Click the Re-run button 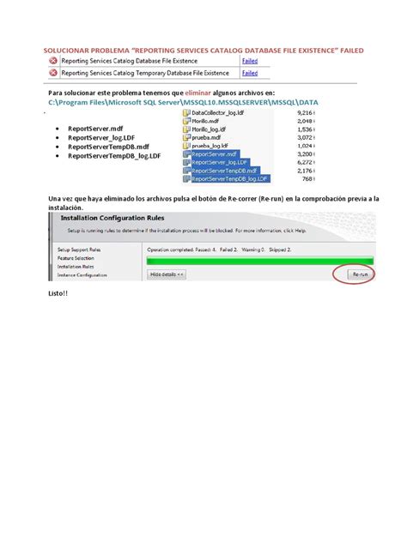coord(361,274)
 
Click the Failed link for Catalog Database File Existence coord(250,61)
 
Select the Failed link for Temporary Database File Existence coord(250,73)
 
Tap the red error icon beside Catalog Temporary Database coord(53,73)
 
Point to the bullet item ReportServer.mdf coord(95,129)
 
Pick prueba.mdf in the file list coord(209,137)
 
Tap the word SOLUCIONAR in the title coord(68,50)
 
